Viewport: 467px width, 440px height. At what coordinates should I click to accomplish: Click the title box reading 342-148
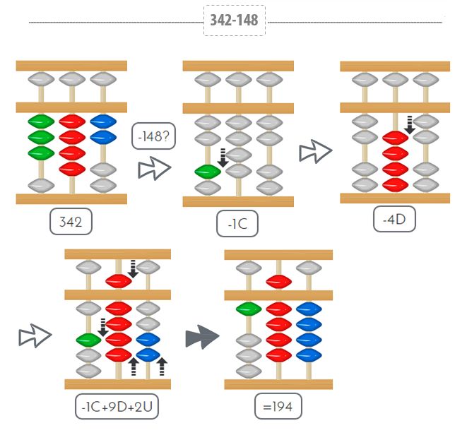[x=234, y=21]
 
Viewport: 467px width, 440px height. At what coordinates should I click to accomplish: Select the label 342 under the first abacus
[x=71, y=222]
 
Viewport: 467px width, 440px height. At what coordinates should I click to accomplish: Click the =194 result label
[x=278, y=407]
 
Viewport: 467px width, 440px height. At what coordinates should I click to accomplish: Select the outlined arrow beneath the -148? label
[x=154, y=169]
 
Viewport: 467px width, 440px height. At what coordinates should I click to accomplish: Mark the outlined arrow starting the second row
[x=35, y=336]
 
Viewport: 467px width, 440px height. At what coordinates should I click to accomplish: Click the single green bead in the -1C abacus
[x=208, y=171]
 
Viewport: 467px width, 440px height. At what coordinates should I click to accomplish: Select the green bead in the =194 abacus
[x=249, y=309]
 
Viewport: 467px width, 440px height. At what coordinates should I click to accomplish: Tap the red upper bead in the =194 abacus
[x=279, y=282]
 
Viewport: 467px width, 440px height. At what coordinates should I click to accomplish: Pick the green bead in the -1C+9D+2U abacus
[x=88, y=339]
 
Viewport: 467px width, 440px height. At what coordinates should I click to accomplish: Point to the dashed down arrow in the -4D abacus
[x=409, y=124]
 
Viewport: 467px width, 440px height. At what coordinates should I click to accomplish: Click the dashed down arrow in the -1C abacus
[x=223, y=157]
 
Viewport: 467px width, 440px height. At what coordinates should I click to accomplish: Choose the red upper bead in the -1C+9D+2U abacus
[x=119, y=280]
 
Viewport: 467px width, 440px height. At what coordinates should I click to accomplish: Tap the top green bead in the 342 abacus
[x=41, y=121]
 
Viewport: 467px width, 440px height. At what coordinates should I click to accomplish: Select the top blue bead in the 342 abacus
[x=103, y=121]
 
